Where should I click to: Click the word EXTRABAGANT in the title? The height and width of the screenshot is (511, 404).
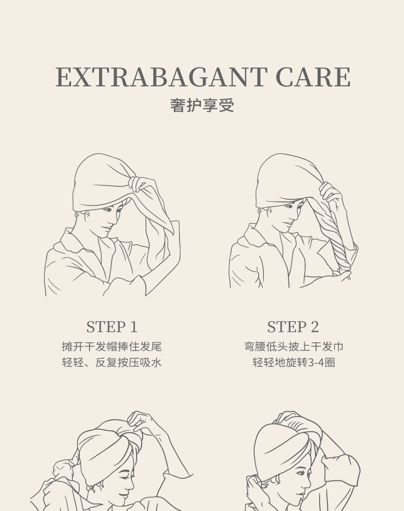click(x=162, y=77)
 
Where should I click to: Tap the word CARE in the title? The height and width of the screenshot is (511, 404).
click(x=313, y=77)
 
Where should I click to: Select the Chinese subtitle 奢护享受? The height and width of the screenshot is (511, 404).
click(x=202, y=105)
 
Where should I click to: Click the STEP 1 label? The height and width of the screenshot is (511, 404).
click(x=112, y=327)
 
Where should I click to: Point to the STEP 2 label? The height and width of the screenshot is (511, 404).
click(x=293, y=327)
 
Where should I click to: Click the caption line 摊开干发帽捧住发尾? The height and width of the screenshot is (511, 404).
click(x=112, y=346)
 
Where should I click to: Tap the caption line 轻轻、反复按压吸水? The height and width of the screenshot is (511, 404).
click(x=112, y=362)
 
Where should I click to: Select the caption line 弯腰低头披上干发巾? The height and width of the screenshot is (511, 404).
click(x=294, y=346)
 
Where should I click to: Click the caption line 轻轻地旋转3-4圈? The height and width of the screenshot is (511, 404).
click(x=294, y=362)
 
